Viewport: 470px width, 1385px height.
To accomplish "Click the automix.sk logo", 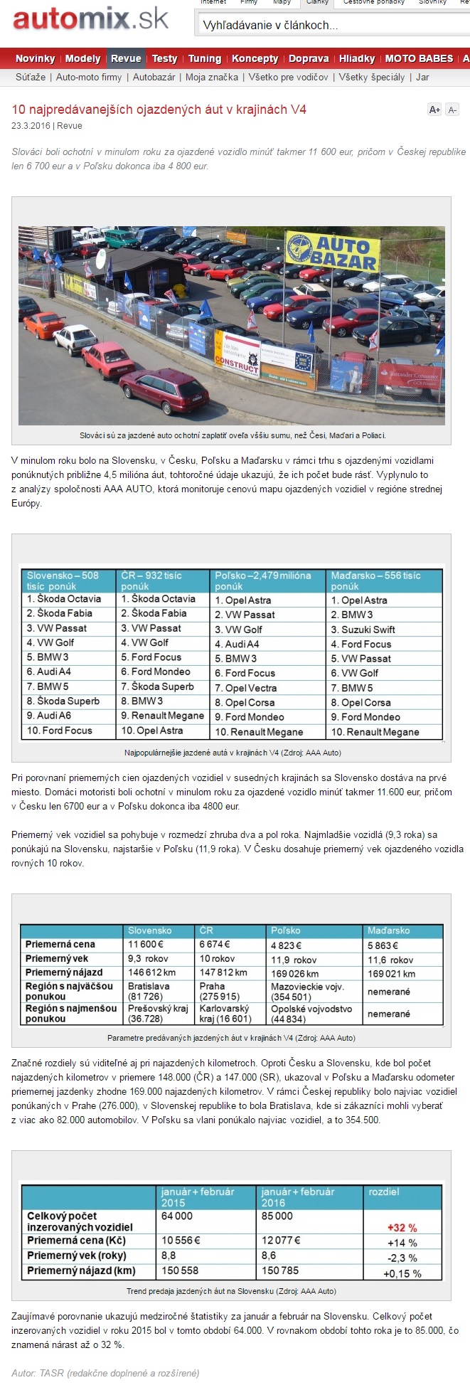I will (x=90, y=19).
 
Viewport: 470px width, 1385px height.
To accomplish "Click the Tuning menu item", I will (x=205, y=58).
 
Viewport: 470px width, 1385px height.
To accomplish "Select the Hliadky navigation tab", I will (x=357, y=58).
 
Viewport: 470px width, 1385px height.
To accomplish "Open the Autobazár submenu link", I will (x=154, y=77).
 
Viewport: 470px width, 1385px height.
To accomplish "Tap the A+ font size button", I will (x=434, y=110).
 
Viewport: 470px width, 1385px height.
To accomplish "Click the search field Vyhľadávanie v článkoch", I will (x=331, y=26).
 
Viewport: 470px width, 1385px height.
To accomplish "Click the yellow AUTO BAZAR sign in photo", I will (x=333, y=253).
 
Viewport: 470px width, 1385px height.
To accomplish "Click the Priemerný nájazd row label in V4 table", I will (x=64, y=972).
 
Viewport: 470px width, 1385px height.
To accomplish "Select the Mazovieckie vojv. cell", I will (x=307, y=987).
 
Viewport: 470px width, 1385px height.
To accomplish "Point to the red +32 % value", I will (x=402, y=1228).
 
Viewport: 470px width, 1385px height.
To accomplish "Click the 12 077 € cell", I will (x=281, y=1240).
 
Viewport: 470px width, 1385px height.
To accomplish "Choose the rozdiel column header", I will (x=384, y=1192).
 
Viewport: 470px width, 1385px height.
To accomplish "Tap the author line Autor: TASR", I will (x=105, y=1372).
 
